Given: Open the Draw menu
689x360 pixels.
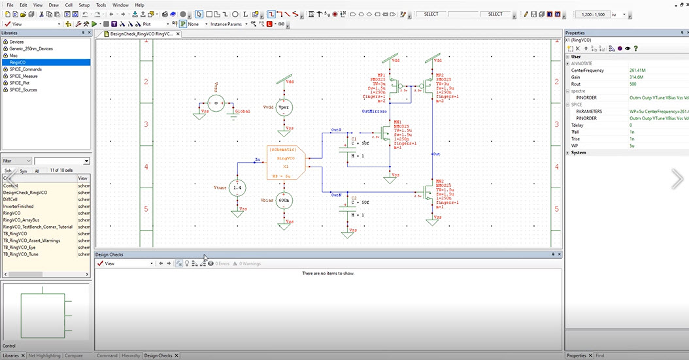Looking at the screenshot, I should point(54,5).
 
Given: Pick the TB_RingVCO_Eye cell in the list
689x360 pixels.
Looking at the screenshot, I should point(21,248).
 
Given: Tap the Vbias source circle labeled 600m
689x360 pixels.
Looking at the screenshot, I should point(284,202).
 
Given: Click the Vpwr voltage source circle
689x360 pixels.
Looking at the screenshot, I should point(283,108).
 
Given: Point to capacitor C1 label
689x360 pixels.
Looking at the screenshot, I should point(354,139).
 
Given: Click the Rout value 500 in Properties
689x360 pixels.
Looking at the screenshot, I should point(633,84).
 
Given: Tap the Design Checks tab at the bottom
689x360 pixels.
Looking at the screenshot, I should point(158,355).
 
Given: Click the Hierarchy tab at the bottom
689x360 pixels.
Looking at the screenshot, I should point(131,355).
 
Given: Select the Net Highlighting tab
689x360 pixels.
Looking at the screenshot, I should point(44,355).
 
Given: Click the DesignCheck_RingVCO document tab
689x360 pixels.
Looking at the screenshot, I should point(141,33).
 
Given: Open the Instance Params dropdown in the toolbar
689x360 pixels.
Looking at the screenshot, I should point(227,24).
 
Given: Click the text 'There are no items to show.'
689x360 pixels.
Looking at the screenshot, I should point(328,273).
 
